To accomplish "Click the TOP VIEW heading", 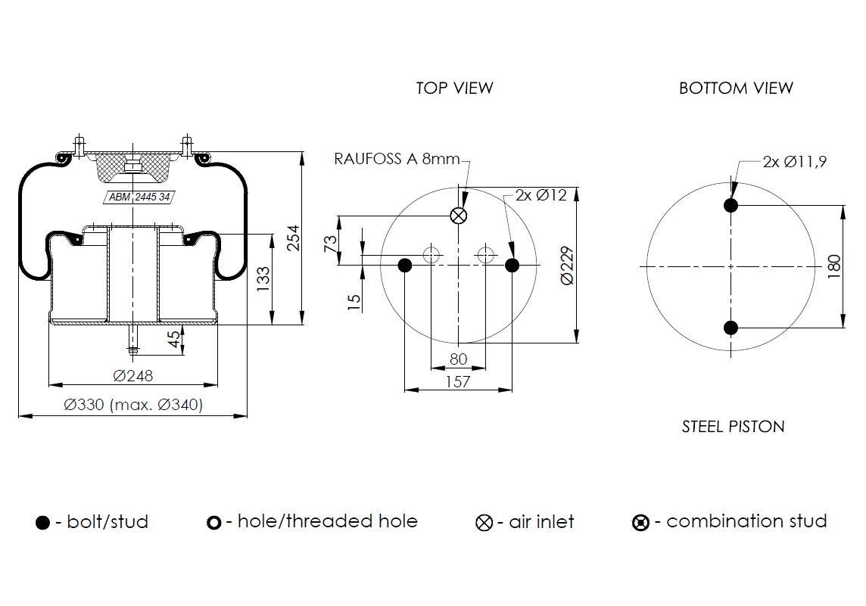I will tap(454, 88).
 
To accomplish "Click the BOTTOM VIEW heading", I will tap(735, 88).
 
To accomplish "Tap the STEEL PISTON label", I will tap(733, 427).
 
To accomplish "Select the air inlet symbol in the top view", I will tap(458, 216).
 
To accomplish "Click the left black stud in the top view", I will tap(405, 265).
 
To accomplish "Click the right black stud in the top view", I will tap(512, 265).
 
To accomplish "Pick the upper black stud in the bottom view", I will tap(730, 205).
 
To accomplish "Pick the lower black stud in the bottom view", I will tap(730, 328).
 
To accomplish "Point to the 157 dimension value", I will tap(459, 382).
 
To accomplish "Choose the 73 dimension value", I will tap(330, 244).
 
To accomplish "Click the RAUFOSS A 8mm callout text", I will tap(397, 159).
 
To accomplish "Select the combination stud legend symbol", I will tap(640, 523).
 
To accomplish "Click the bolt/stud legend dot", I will tap(43, 523).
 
